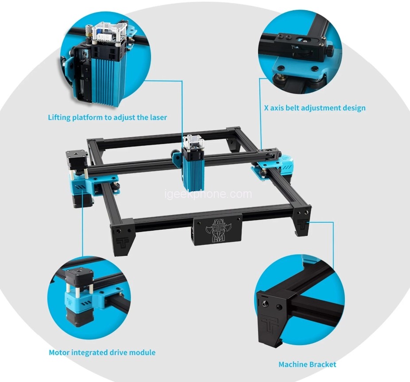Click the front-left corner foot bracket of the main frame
[123, 236]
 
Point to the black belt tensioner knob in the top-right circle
[330, 51]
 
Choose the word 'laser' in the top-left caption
[159, 118]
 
